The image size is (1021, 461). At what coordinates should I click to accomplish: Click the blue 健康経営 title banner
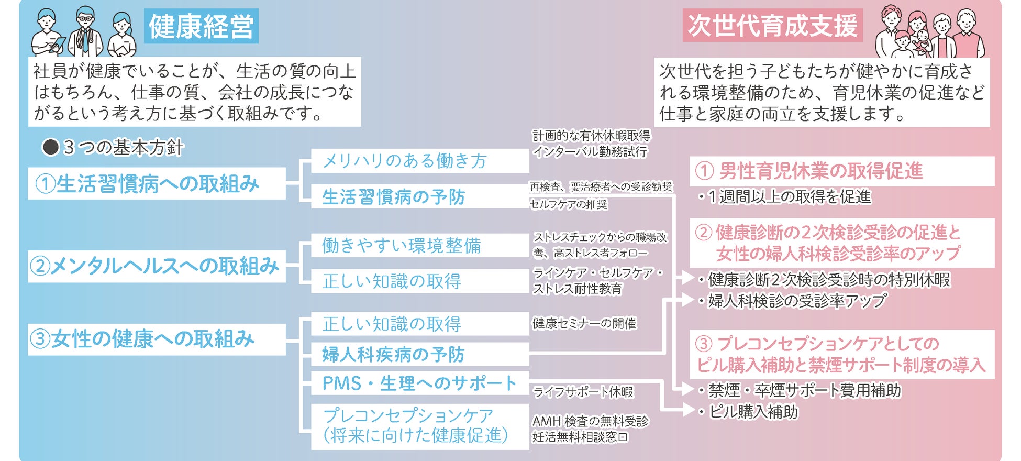coord(201,26)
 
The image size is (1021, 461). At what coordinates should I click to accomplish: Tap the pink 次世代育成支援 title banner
coord(772,26)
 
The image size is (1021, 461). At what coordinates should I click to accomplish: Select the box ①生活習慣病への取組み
coord(157,183)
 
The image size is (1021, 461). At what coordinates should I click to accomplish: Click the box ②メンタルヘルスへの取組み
coord(157,266)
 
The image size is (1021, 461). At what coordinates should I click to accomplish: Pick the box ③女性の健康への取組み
coord(157,339)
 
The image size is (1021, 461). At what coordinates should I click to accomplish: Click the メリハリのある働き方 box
coord(419,161)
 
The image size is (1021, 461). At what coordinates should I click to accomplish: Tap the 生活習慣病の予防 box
coord(419,197)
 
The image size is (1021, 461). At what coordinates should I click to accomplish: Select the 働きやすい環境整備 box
coord(419,245)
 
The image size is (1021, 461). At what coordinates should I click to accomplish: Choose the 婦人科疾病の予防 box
coord(419,355)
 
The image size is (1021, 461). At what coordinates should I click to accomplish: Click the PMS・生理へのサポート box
coord(419,383)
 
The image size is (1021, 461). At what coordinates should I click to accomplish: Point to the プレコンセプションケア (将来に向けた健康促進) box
coord(419,426)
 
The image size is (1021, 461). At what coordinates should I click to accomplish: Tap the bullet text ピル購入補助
coord(753,412)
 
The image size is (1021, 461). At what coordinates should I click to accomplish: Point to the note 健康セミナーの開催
coord(584,324)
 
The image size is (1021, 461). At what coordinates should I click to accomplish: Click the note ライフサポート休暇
coord(583,392)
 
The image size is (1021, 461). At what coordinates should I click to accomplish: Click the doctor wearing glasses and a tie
coord(85,31)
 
